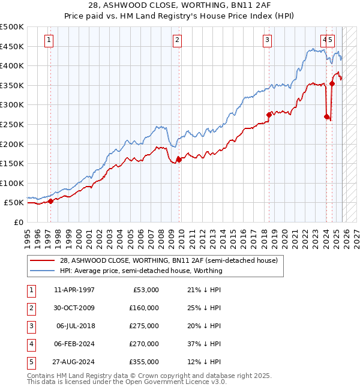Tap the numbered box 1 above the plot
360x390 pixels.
point(49,40)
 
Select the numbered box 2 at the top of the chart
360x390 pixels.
point(178,40)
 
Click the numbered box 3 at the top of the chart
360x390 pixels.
point(267,40)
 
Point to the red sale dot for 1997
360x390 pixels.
point(50,202)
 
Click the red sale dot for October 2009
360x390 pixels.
point(179,160)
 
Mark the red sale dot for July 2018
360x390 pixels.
point(269,115)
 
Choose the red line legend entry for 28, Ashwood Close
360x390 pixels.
point(168,261)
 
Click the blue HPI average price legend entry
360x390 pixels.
point(141,271)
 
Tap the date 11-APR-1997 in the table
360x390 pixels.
point(74,290)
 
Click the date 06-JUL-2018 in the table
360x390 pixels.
point(75,326)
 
